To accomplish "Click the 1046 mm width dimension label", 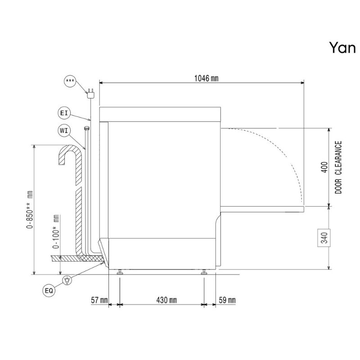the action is [x=206, y=78].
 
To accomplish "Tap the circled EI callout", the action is [x=64, y=113].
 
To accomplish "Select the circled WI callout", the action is [x=64, y=130].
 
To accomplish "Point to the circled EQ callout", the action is [x=49, y=291].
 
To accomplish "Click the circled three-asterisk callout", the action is [x=70, y=81].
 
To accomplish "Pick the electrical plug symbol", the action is [x=91, y=94].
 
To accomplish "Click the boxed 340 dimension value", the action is [x=324, y=238].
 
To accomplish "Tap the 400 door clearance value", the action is [x=324, y=167].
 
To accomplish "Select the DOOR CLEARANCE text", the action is [x=338, y=167].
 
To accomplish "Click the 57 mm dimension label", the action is [x=99, y=300].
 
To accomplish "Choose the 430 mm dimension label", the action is [x=166, y=300].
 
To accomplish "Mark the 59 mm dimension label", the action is [x=227, y=300].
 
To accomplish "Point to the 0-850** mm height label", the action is [x=30, y=209].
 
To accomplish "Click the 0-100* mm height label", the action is [x=56, y=232].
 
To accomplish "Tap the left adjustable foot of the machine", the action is [x=120, y=272].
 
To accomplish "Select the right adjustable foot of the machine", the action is [x=204, y=272].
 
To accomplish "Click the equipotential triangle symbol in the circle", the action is [x=67, y=280].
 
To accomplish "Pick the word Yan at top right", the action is [x=342, y=48].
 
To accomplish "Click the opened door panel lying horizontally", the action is [x=262, y=209].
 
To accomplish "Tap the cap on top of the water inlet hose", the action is [x=86, y=128].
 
